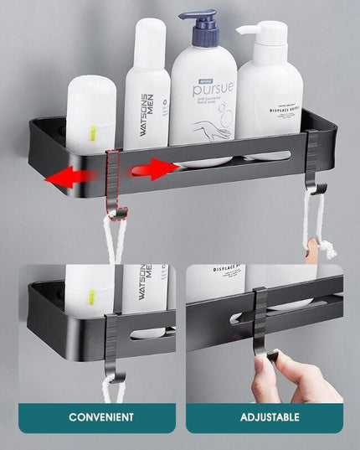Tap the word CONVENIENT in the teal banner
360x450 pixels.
point(100,416)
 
